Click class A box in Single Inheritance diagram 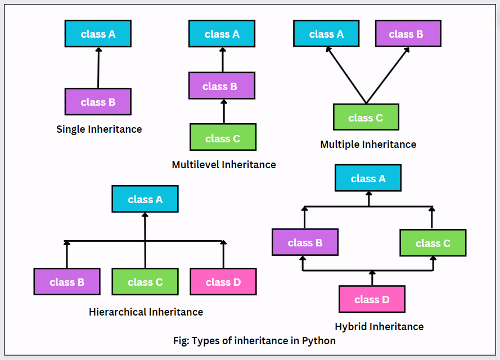click(98, 34)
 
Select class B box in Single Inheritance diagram click(98, 102)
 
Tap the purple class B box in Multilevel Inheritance click(222, 86)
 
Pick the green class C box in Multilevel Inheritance click(223, 138)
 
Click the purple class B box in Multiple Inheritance click(408, 34)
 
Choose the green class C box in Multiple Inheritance click(366, 117)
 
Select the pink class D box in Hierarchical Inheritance click(223, 282)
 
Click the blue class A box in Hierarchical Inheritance click(145, 199)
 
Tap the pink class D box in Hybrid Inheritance click(372, 299)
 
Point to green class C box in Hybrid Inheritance click(433, 242)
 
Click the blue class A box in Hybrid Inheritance click(368, 178)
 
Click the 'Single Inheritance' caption click(99, 129)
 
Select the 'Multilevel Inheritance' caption click(224, 165)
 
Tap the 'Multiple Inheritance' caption click(368, 145)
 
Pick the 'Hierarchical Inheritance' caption click(146, 312)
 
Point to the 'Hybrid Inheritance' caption click(379, 327)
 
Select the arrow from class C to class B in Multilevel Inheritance click(223, 111)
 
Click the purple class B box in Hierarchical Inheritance click(67, 282)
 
